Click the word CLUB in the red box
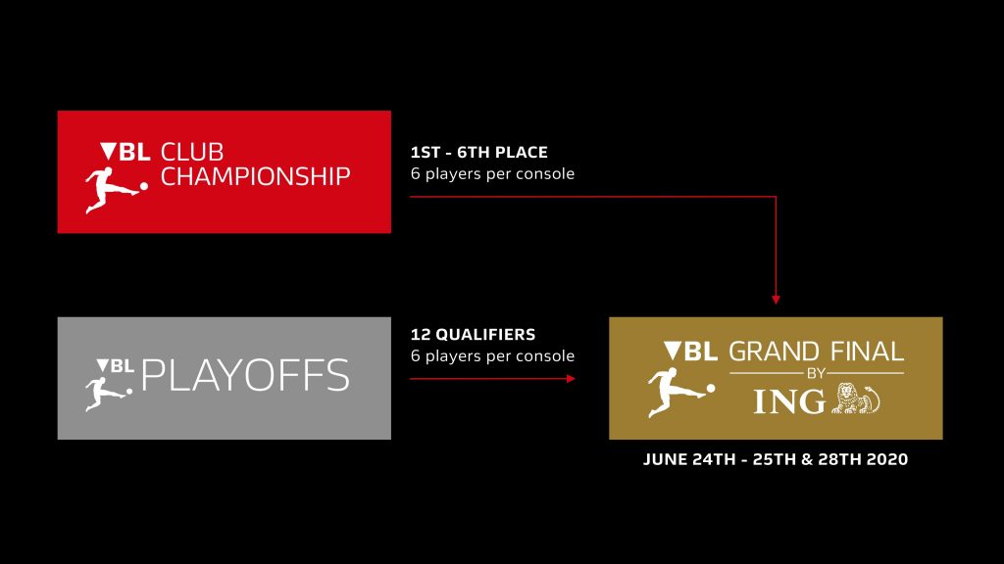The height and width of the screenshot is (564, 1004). coord(192,152)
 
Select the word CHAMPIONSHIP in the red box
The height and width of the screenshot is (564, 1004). coord(256,176)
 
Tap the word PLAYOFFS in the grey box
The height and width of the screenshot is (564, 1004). coord(245,375)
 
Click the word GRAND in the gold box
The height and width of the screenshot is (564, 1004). coord(774,352)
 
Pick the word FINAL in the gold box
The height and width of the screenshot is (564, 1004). coord(867,352)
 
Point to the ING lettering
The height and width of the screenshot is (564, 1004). coord(789,401)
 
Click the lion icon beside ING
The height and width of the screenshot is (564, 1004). coord(855,399)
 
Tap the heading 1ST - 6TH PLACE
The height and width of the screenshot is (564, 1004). coord(478,152)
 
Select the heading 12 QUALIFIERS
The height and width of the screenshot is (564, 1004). coord(473,335)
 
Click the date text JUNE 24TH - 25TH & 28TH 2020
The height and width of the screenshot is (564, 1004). coord(776,459)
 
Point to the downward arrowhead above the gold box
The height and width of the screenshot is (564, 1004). coord(777,300)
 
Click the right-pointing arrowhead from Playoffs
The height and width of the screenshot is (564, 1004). coord(571,379)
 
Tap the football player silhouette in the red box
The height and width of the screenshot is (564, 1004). coord(116,189)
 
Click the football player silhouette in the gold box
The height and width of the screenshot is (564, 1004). coord(680,393)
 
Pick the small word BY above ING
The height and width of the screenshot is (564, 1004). coord(817,373)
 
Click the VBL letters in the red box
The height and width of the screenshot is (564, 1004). coord(125,152)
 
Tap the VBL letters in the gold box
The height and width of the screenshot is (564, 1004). coord(690,352)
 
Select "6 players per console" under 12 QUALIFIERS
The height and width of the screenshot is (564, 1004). coord(492,356)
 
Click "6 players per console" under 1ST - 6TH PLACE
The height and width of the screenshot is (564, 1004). coord(492,174)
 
